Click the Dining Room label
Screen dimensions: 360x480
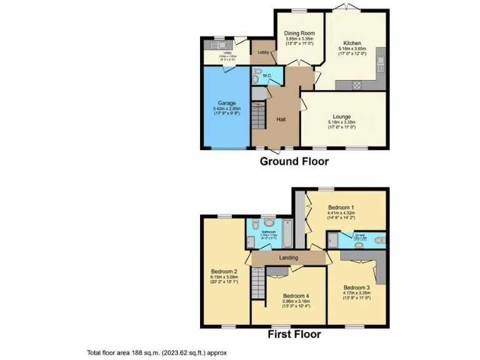299,33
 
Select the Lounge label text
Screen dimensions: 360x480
341,116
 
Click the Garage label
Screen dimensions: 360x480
226,102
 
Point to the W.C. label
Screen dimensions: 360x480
266,76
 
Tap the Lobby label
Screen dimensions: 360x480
262,52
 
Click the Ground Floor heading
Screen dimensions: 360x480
294,161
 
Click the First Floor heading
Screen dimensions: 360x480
294,334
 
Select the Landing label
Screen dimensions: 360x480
288,257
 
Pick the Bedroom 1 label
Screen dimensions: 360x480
341,207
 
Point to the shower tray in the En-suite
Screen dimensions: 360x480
333,241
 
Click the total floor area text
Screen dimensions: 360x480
157,353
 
